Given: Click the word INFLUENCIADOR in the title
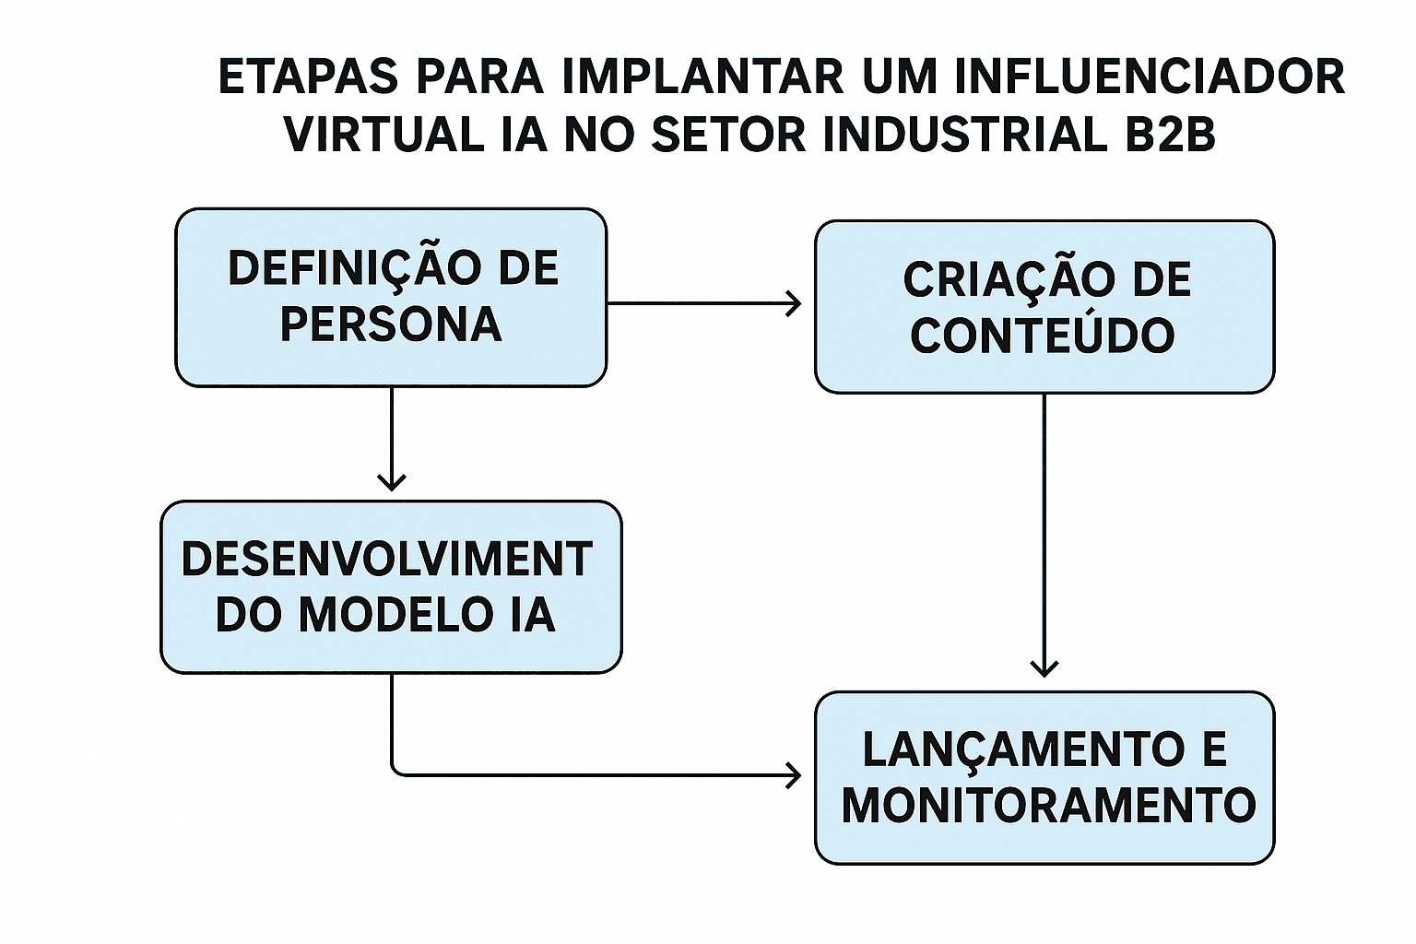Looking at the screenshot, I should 1149,77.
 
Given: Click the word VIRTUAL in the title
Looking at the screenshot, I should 383,135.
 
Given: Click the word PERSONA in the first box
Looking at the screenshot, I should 391,324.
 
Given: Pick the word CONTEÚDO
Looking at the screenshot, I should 1043,335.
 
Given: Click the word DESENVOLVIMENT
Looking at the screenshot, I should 386,560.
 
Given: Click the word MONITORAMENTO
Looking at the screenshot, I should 1048,805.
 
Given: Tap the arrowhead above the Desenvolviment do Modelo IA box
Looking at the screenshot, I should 392,481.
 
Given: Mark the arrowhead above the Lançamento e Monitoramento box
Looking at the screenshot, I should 1044,667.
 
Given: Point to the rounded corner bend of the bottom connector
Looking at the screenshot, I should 395,772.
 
